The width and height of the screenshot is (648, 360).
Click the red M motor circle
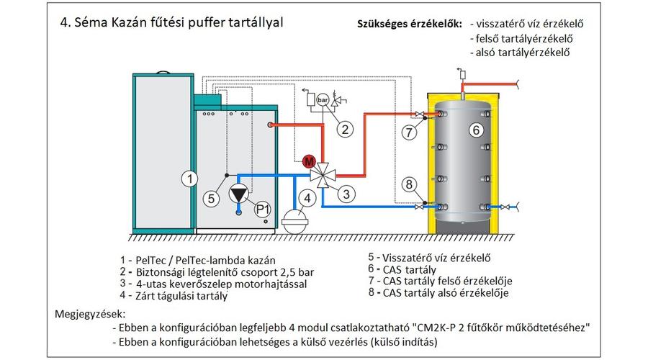click(x=309, y=161)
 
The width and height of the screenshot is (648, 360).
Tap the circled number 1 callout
click(x=189, y=179)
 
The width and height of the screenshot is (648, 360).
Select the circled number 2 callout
click(x=345, y=130)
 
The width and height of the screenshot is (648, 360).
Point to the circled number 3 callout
click(x=346, y=194)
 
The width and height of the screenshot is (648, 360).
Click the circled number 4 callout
click(x=307, y=198)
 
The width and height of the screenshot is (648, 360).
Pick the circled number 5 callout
click(x=211, y=199)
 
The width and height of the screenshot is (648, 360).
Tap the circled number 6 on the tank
click(x=476, y=130)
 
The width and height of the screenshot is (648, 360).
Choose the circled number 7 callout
click(x=409, y=132)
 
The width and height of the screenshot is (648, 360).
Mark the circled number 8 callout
click(x=409, y=184)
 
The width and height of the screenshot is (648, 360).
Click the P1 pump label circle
click(x=262, y=209)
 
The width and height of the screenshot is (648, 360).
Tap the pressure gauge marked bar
click(x=323, y=99)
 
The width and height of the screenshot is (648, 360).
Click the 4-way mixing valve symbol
click(x=323, y=175)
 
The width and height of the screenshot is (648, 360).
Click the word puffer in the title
click(x=206, y=22)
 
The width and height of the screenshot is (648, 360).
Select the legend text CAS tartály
click(x=410, y=270)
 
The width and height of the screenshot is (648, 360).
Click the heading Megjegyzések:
click(x=90, y=314)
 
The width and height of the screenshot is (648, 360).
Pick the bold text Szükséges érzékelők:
click(x=410, y=24)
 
